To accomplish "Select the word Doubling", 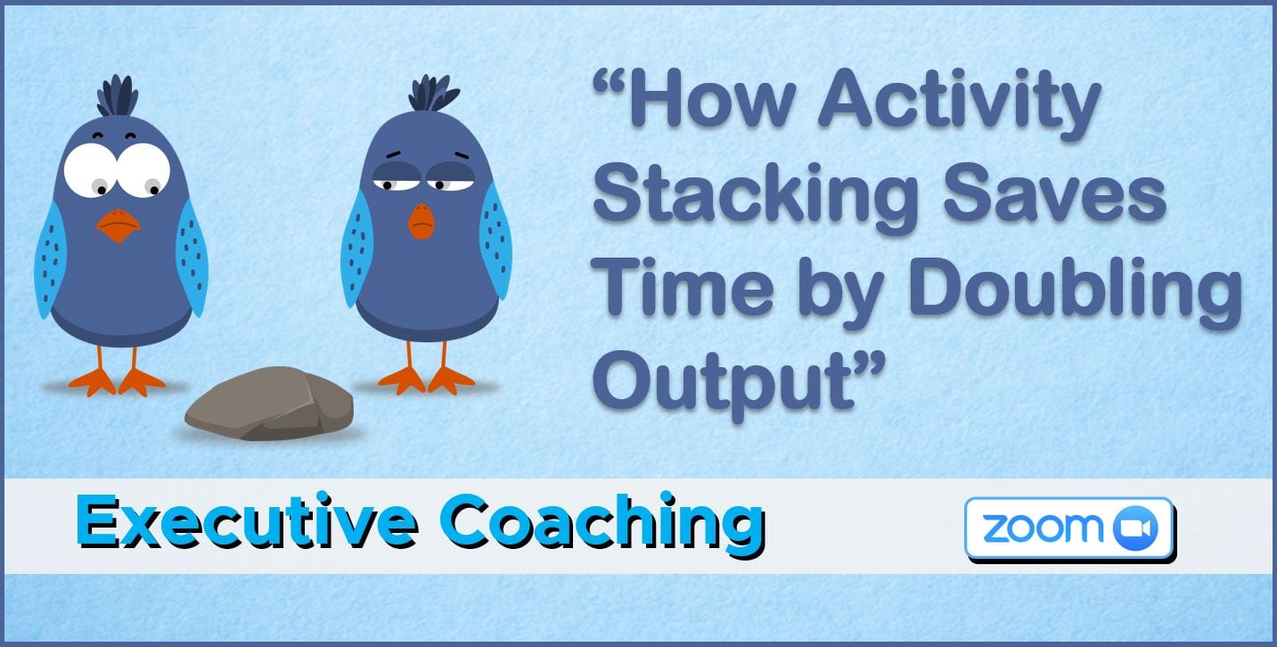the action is tap(1076, 293).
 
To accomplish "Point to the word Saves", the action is tap(1055, 192).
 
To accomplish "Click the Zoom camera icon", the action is tap(1135, 528).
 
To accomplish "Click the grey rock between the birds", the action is tap(270, 403).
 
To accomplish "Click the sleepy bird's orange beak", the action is tap(422, 221).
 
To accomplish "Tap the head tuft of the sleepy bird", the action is tap(433, 93).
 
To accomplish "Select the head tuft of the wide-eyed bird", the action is tap(118, 95).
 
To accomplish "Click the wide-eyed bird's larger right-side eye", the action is tap(143, 170).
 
